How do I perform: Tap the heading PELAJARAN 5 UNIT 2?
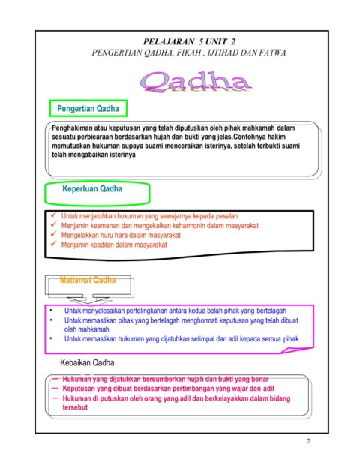184,41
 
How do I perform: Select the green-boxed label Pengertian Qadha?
88,109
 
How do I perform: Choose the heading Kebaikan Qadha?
88,363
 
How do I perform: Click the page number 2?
308,441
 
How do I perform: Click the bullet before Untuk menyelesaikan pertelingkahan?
50,309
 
